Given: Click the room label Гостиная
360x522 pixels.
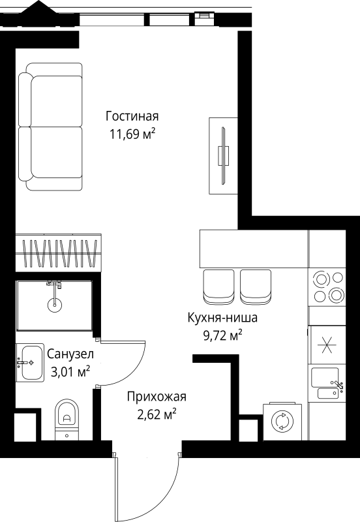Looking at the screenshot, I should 132,117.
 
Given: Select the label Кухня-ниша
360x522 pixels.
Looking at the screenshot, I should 222,319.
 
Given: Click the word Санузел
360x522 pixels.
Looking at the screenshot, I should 70,354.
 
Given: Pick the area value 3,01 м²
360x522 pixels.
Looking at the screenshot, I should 70,373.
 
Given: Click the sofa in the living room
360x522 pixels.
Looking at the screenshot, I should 50,127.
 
